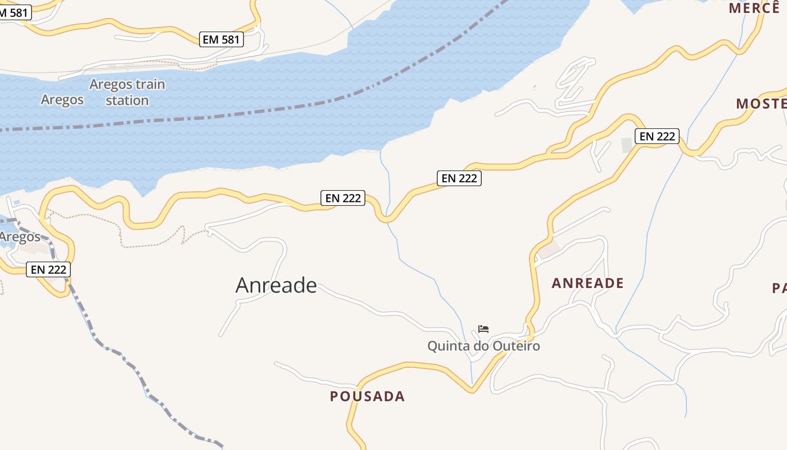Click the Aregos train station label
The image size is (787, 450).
(127, 92)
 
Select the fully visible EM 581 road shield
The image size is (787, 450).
(221, 39)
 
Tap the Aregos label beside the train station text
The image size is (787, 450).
(62, 100)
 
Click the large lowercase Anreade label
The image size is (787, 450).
(276, 285)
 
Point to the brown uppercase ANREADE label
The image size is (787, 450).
(587, 283)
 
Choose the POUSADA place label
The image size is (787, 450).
(367, 396)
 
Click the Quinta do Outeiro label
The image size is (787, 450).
(483, 346)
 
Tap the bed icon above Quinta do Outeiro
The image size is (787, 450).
(483, 329)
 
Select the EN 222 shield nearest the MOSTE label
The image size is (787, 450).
(657, 136)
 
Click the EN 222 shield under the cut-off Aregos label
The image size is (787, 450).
(49, 269)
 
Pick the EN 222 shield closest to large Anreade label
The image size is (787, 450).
(343, 198)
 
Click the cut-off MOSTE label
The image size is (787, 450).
(761, 103)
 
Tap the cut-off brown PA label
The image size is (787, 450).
(779, 289)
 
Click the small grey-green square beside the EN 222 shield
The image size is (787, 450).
(627, 145)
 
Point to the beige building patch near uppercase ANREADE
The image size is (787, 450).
(548, 249)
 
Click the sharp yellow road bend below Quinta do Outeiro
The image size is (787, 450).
(473, 389)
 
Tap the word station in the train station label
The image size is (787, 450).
(127, 101)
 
